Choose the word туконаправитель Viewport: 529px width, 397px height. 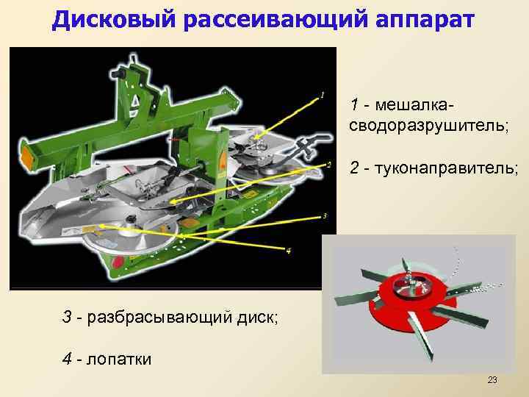(447, 169)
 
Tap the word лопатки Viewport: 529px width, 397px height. (118, 359)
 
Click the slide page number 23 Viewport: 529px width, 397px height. (492, 380)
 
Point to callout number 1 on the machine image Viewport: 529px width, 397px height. (322, 94)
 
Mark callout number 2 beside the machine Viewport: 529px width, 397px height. (329, 164)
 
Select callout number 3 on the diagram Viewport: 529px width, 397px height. (325, 216)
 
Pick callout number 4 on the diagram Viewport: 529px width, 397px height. (289, 251)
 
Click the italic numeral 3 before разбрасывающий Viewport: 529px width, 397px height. (67, 318)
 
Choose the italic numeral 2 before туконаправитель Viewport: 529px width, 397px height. (355, 169)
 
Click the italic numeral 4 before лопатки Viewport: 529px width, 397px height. (67, 359)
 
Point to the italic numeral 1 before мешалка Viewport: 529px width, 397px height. (354, 103)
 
